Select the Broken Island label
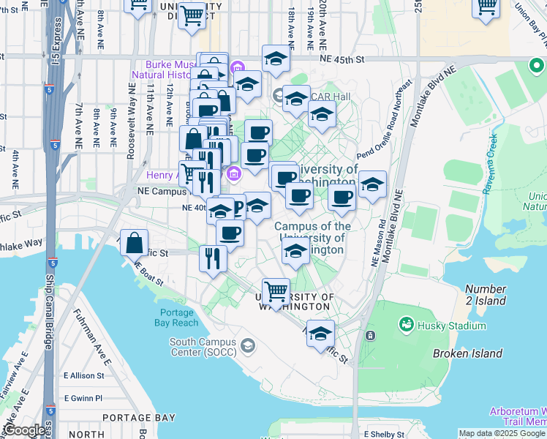pyautogui.click(x=467, y=353)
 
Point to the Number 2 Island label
pyautogui.click(x=484, y=295)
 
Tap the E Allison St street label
pyautogui.click(x=85, y=375)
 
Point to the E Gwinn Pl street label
pyautogui.click(x=84, y=398)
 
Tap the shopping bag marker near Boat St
pyautogui.click(x=135, y=243)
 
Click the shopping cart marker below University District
pyautogui.click(x=192, y=15)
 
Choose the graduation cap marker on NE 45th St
pyautogui.click(x=276, y=59)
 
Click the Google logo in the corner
pyautogui.click(x=23, y=430)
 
